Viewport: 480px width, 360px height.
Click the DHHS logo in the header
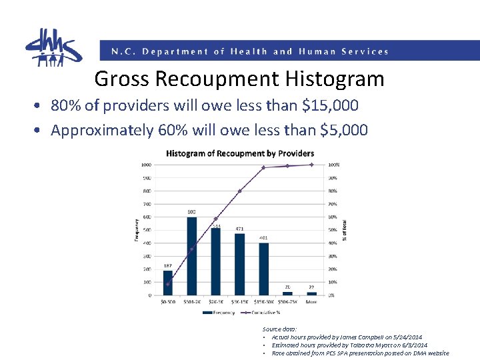(53, 47)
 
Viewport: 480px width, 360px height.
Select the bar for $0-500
(167, 283)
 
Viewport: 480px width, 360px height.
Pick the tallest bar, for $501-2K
(192, 256)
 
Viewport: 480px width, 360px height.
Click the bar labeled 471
(239, 264)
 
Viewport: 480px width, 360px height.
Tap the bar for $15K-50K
(263, 269)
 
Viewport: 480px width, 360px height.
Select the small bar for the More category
(311, 293)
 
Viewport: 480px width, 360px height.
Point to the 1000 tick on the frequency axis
(145, 165)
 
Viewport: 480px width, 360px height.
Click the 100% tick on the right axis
(334, 165)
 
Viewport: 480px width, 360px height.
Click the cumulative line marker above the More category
(311, 165)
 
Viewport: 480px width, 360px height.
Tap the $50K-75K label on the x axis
(287, 302)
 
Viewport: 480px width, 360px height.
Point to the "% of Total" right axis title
(345, 230)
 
